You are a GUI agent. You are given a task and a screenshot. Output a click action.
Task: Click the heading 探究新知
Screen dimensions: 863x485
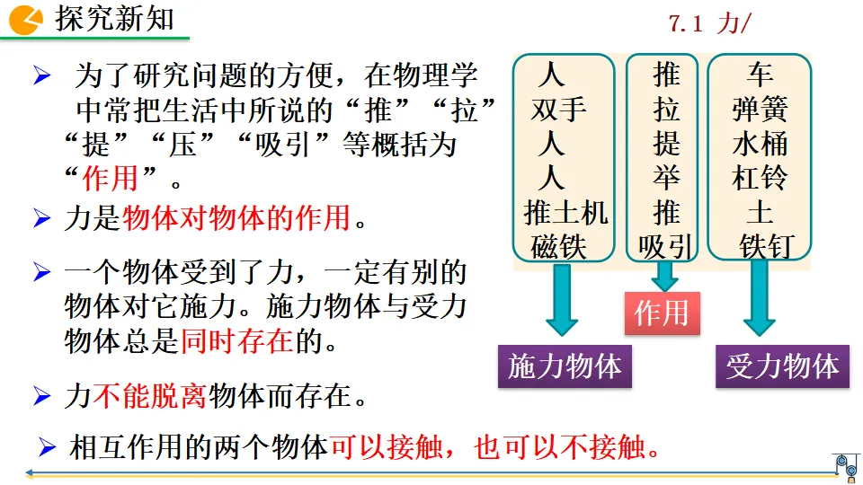click(x=115, y=19)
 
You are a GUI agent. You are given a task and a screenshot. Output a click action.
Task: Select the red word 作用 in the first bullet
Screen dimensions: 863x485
click(x=111, y=178)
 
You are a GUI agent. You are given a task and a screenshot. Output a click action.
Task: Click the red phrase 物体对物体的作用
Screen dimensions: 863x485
click(x=235, y=218)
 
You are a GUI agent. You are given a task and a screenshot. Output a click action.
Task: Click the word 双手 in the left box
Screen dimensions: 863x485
click(x=559, y=110)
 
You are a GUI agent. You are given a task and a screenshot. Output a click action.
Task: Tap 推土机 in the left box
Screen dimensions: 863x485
click(x=565, y=213)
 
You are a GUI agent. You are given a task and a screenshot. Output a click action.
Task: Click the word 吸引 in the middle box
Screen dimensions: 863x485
click(x=665, y=246)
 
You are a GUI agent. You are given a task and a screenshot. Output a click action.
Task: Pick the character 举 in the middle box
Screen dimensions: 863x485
click(x=666, y=178)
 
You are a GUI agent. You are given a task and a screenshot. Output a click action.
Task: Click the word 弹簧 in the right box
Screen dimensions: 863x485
click(x=760, y=110)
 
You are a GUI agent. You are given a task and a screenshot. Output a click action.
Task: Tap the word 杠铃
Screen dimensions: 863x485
click(x=760, y=178)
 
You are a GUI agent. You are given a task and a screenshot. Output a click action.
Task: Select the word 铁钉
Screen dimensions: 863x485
click(x=766, y=246)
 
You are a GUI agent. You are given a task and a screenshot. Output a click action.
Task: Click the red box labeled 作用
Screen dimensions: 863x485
click(x=662, y=313)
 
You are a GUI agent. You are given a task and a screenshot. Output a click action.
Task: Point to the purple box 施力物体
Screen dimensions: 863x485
click(x=565, y=366)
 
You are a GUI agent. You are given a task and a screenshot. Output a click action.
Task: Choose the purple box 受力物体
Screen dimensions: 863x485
click(x=782, y=366)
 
